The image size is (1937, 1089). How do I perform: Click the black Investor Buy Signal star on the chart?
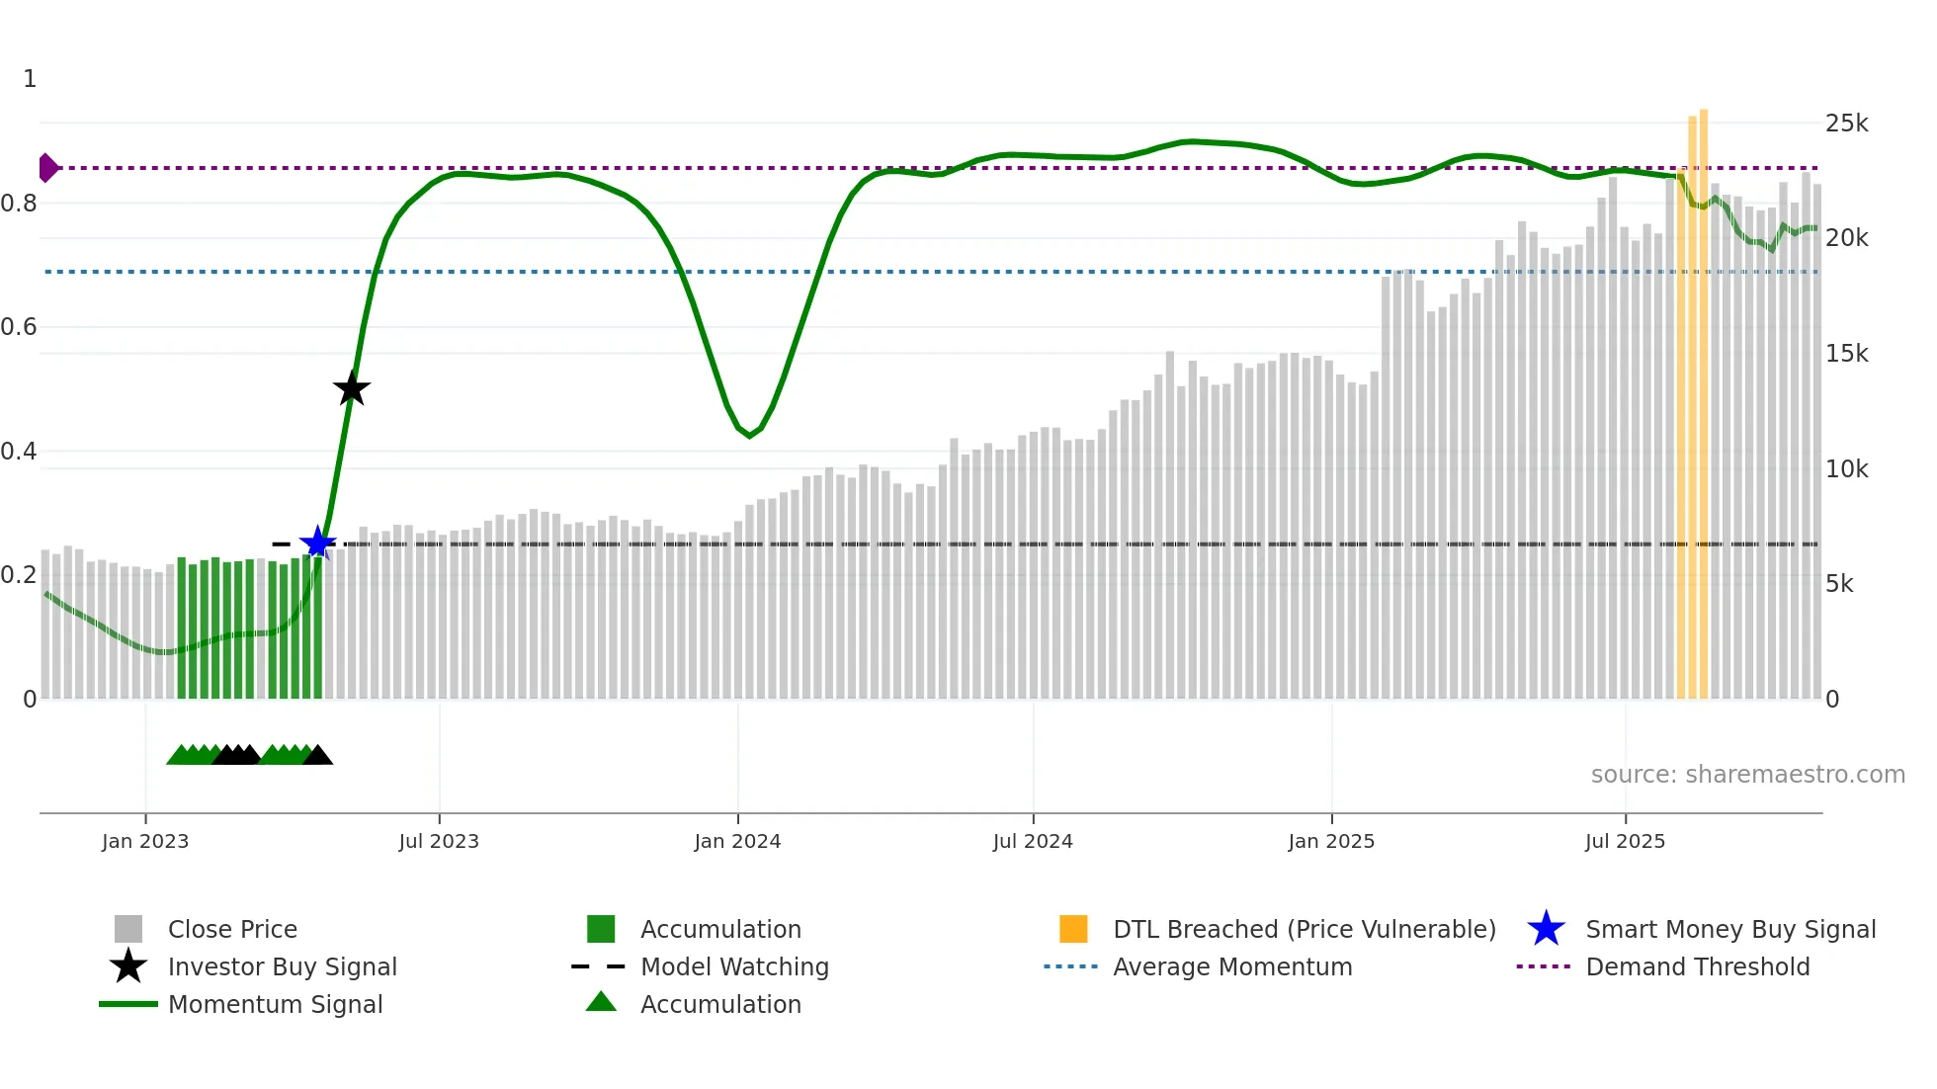pyautogui.click(x=351, y=389)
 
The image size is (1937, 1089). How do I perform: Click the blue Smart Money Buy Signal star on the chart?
pyautogui.click(x=317, y=543)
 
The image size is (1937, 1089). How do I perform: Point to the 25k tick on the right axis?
pyautogui.click(x=1846, y=124)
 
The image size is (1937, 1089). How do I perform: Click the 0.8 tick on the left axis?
pyautogui.click(x=20, y=204)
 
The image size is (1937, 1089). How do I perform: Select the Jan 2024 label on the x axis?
pyautogui.click(x=737, y=841)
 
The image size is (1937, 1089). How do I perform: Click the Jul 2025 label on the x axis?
pyautogui.click(x=1625, y=841)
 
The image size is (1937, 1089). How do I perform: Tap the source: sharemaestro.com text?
pyautogui.click(x=1747, y=775)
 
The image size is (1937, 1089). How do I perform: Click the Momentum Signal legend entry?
pyautogui.click(x=275, y=1004)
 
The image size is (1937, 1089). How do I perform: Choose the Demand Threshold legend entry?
pyautogui.click(x=1697, y=966)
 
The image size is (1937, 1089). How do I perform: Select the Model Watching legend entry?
pyautogui.click(x=734, y=966)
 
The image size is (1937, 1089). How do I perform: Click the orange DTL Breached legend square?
pyautogui.click(x=1073, y=929)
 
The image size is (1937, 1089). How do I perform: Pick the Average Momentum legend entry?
pyautogui.click(x=1231, y=966)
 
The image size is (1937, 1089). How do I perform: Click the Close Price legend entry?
pyautogui.click(x=232, y=929)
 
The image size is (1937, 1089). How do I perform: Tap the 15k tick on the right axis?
pyautogui.click(x=1846, y=354)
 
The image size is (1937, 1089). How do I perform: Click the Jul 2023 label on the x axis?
pyautogui.click(x=439, y=841)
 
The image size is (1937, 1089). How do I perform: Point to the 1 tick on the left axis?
pyautogui.click(x=30, y=79)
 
